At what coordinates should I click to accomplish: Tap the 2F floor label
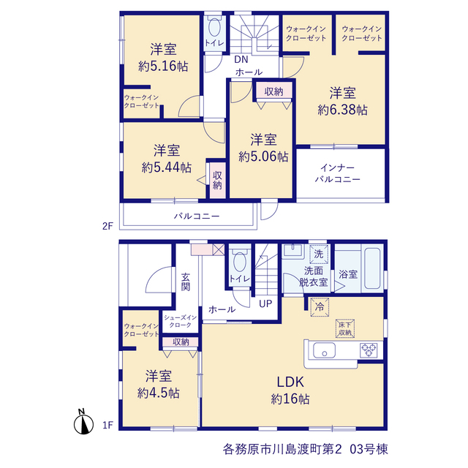[x=107, y=226]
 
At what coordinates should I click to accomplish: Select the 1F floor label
[x=107, y=425]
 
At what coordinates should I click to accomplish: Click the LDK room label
[x=290, y=382]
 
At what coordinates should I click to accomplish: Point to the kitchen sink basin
[x=324, y=350]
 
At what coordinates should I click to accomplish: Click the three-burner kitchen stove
[x=369, y=350]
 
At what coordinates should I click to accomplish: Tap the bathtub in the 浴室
[x=372, y=268]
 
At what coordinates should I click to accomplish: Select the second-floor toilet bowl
[x=214, y=28]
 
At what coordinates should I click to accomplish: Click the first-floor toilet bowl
[x=240, y=262]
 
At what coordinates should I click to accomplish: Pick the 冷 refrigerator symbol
[x=320, y=307]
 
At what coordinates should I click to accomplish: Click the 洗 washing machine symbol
[x=319, y=254]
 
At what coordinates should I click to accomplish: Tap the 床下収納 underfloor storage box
[x=344, y=328]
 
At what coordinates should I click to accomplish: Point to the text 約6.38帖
[x=343, y=110]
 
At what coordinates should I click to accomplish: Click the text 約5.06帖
[x=263, y=156]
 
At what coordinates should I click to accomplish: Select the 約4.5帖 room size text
[x=159, y=393]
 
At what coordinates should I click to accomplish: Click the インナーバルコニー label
[x=338, y=173]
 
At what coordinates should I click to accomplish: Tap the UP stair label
[x=265, y=304]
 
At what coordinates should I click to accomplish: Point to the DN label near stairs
[x=241, y=59]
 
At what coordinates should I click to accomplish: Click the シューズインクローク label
[x=180, y=321]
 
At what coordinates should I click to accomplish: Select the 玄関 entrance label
[x=185, y=282]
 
